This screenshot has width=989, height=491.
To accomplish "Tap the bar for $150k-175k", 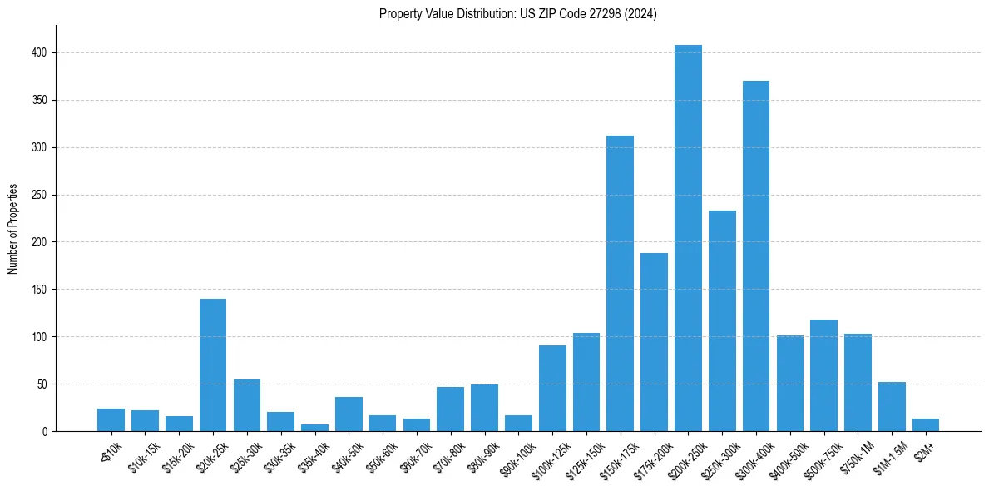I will click(x=620, y=284).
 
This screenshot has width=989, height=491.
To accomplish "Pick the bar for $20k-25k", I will click(x=213, y=365).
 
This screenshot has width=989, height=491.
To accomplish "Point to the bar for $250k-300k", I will click(x=722, y=321).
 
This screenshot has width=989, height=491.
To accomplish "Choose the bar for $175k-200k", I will click(x=654, y=342).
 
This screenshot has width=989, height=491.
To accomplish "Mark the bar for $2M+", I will click(x=926, y=425).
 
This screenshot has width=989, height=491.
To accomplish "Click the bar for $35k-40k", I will click(x=314, y=428).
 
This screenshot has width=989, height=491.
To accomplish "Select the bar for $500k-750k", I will click(x=823, y=375).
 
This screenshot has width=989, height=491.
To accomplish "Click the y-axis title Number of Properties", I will click(x=12, y=229).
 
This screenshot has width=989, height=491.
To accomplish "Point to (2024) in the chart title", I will click(x=642, y=14).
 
